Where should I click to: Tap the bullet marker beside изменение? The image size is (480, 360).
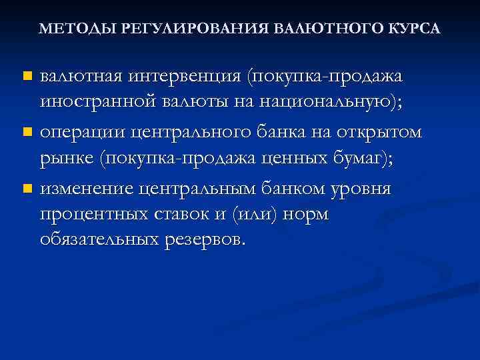tap(27, 189)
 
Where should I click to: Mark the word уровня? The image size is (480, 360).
tap(364, 189)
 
